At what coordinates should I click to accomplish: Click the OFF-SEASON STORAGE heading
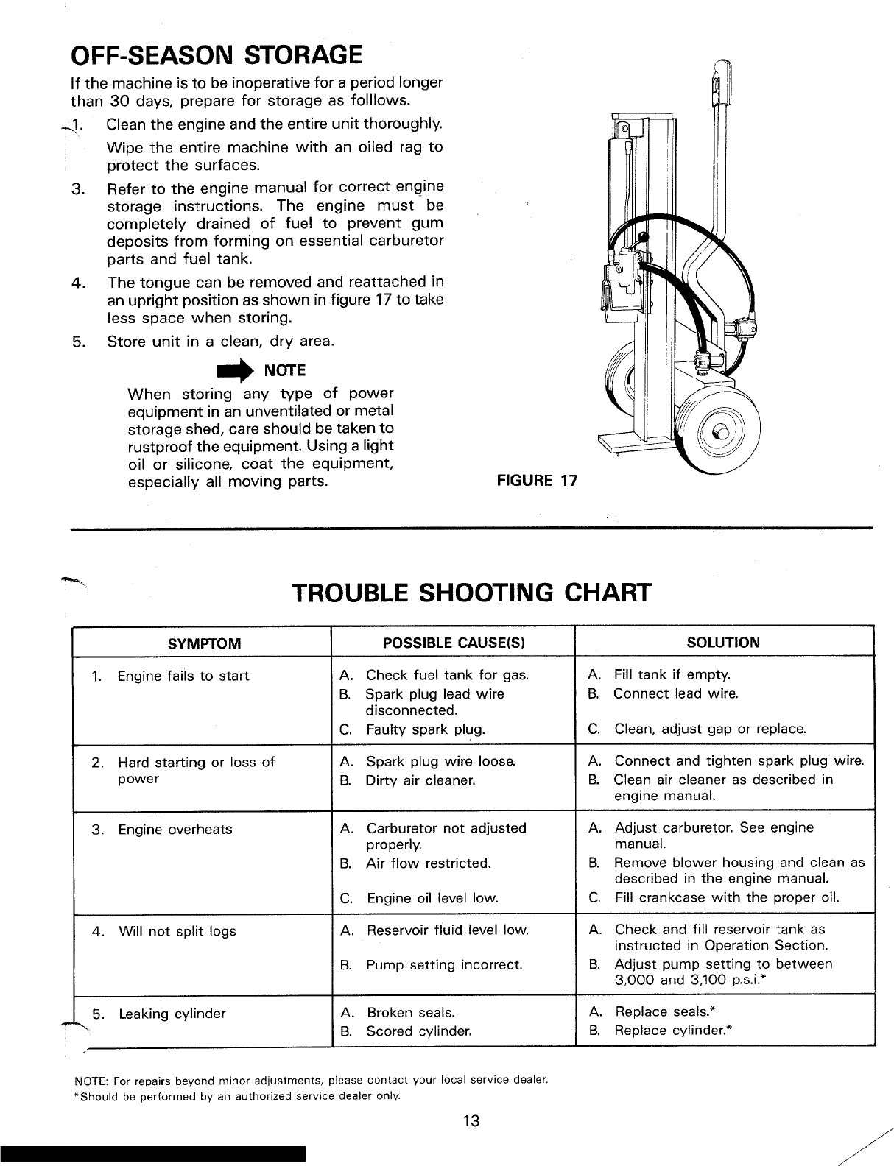pyautogui.click(x=216, y=54)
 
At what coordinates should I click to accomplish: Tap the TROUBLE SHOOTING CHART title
pyautogui.click(x=471, y=591)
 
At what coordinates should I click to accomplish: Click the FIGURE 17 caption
pyautogui.click(x=538, y=481)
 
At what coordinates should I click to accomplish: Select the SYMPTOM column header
pyautogui.click(x=204, y=643)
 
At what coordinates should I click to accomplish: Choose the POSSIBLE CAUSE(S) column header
pyautogui.click(x=454, y=643)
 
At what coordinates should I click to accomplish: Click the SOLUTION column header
pyautogui.click(x=723, y=642)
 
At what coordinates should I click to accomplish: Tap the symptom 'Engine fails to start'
pyautogui.click(x=183, y=676)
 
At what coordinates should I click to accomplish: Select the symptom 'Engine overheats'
pyautogui.click(x=175, y=830)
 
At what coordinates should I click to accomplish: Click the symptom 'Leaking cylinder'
pyautogui.click(x=172, y=1014)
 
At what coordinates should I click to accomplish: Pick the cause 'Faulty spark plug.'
pyautogui.click(x=425, y=730)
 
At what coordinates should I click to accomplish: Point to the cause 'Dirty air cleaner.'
pyautogui.click(x=420, y=780)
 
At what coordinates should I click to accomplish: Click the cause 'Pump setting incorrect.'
pyautogui.click(x=443, y=964)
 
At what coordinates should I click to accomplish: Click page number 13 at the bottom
pyautogui.click(x=471, y=1121)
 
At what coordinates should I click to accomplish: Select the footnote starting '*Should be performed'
pyautogui.click(x=238, y=1096)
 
